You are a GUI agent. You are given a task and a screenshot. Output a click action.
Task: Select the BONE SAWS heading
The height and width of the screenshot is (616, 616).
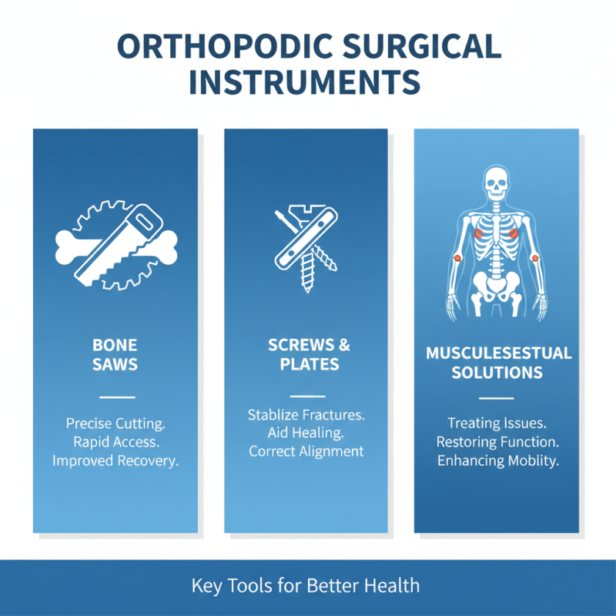[116, 353]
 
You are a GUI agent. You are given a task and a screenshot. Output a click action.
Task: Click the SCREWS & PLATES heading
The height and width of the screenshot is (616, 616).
[306, 353]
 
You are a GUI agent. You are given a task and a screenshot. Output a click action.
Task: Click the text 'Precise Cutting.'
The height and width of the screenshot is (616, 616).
[116, 423]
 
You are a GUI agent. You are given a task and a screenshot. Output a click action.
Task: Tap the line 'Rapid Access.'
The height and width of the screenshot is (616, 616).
[116, 442]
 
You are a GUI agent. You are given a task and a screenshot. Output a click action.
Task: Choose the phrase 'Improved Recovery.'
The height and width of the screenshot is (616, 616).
[116, 460]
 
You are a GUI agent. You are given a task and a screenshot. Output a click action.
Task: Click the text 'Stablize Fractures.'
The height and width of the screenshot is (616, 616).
[306, 415]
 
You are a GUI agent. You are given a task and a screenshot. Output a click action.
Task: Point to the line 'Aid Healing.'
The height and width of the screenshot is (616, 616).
[306, 434]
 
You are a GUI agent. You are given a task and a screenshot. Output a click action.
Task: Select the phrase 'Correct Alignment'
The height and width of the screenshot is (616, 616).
[306, 452]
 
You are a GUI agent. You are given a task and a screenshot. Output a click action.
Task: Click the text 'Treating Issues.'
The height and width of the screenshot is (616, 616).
[497, 423]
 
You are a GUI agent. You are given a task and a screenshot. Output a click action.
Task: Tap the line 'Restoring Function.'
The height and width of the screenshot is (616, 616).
[497, 442]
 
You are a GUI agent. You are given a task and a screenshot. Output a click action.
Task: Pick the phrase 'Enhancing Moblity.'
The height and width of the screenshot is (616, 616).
[497, 460]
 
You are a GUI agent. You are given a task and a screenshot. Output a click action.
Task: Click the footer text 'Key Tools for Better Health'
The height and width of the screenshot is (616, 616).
[306, 585]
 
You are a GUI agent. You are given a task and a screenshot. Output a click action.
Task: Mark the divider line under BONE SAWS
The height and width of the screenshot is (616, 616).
[117, 397]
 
